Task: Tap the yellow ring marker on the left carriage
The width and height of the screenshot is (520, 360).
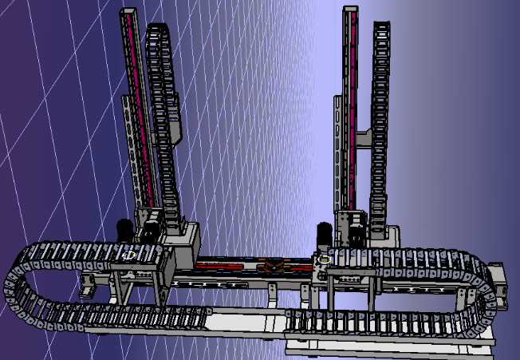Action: pyautogui.click(x=130, y=255)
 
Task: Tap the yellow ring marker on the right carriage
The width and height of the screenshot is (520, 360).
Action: pyautogui.click(x=325, y=259)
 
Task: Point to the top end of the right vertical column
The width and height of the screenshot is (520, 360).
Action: pyautogui.click(x=349, y=11)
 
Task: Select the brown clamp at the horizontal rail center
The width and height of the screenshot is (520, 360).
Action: pyautogui.click(x=274, y=267)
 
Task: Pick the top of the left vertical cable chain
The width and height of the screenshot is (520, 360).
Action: pyautogui.click(x=157, y=29)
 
